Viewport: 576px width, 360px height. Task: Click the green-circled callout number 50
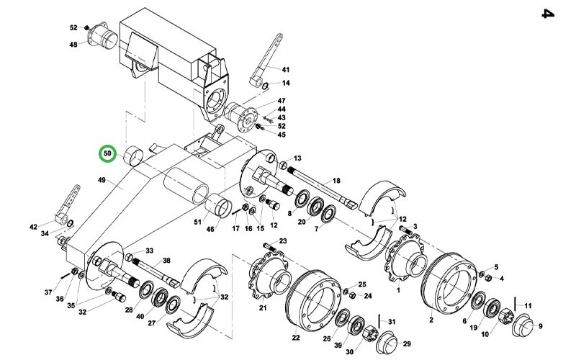107,153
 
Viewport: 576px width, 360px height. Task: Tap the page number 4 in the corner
548,14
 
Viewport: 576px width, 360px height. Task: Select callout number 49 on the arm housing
102,180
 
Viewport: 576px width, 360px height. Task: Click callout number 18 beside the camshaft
336,181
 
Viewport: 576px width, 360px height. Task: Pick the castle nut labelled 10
507,315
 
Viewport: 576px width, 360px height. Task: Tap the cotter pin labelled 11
516,303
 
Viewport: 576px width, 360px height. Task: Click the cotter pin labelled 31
380,321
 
